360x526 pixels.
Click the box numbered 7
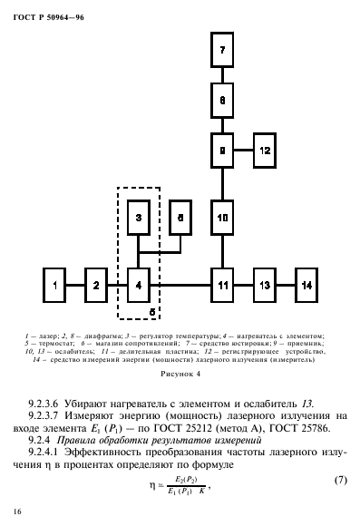click(x=222, y=51)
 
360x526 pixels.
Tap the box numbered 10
click(x=222, y=217)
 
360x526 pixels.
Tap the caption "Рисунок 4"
click(x=180, y=373)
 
